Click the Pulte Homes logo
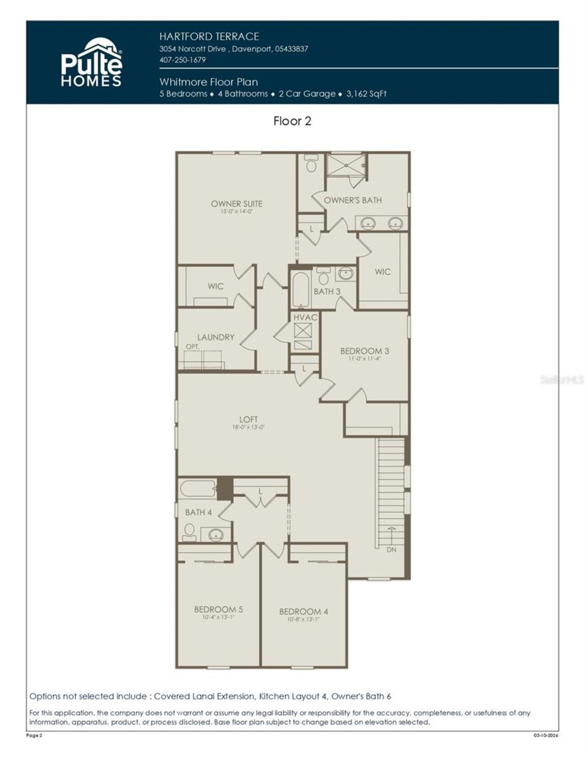point(92,63)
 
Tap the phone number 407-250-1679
point(182,60)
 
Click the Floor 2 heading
point(292,121)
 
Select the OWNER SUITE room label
point(236,204)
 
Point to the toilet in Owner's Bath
point(311,164)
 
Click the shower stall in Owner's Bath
point(346,165)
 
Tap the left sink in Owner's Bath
point(368,224)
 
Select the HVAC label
point(305,317)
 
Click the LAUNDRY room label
point(216,337)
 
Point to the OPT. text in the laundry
point(193,347)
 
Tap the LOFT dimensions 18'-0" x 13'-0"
point(248,427)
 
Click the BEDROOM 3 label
point(364,351)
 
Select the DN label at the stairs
point(391,549)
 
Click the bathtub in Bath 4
point(197,489)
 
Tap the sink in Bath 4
point(215,534)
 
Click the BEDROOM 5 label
point(218,609)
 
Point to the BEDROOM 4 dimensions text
point(304,619)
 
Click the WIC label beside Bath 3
point(383,272)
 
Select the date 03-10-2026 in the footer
point(546,736)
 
